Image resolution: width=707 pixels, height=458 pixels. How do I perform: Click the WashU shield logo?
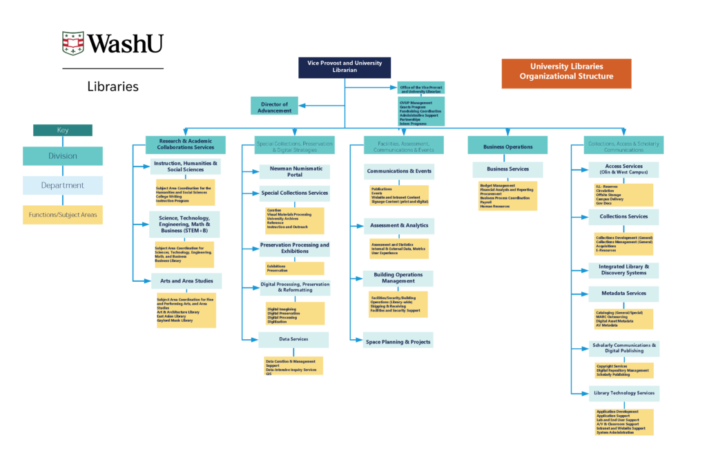click(73, 44)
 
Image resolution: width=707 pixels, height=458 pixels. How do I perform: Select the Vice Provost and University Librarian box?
click(345, 67)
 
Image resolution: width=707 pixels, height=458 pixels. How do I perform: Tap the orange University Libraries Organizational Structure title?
click(566, 72)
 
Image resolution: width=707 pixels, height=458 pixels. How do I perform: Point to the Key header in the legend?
click(62, 130)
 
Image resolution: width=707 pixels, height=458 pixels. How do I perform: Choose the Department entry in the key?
click(62, 185)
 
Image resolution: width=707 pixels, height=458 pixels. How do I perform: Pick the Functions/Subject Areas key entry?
click(62, 215)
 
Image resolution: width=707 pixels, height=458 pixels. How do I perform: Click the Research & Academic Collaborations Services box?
click(185, 144)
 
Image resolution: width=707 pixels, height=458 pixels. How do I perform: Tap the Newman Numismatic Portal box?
click(294, 171)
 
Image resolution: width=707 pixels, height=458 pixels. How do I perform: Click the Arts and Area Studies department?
click(186, 280)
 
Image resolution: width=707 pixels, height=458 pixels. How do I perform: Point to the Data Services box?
click(293, 339)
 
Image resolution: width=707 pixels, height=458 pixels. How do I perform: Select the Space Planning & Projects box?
click(398, 341)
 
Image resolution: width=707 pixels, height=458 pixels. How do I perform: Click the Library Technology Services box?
click(623, 393)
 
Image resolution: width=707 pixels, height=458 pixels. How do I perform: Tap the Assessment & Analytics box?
click(398, 225)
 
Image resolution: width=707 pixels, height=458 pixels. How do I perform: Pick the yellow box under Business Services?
click(507, 195)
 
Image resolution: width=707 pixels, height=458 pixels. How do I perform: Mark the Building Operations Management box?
click(398, 278)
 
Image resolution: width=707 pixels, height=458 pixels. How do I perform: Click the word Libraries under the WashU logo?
click(113, 87)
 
